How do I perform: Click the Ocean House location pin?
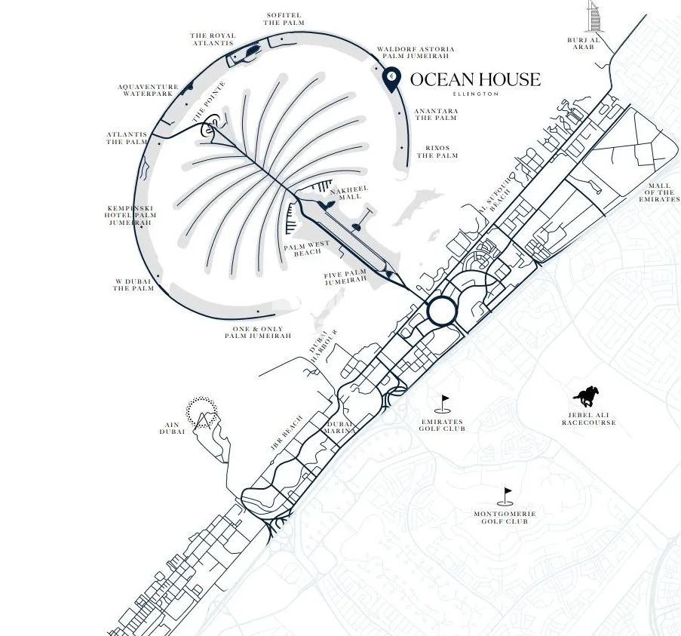click(x=392, y=78)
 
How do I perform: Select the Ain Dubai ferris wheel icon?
click(x=201, y=411)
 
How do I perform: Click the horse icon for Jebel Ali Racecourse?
click(x=587, y=396)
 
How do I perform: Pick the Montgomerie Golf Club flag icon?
click(x=505, y=495)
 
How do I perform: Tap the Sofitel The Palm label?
click(x=284, y=18)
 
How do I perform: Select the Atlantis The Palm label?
click(x=126, y=138)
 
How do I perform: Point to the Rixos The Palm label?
click(x=437, y=152)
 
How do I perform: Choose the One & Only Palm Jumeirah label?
click(x=258, y=332)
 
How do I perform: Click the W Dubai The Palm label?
click(x=133, y=284)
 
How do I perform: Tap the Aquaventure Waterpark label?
click(x=149, y=91)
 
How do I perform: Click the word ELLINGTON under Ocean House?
click(x=475, y=94)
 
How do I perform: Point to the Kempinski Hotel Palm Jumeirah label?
click(x=131, y=216)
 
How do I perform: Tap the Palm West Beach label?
click(x=307, y=249)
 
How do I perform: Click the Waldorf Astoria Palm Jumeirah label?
click(x=416, y=53)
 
